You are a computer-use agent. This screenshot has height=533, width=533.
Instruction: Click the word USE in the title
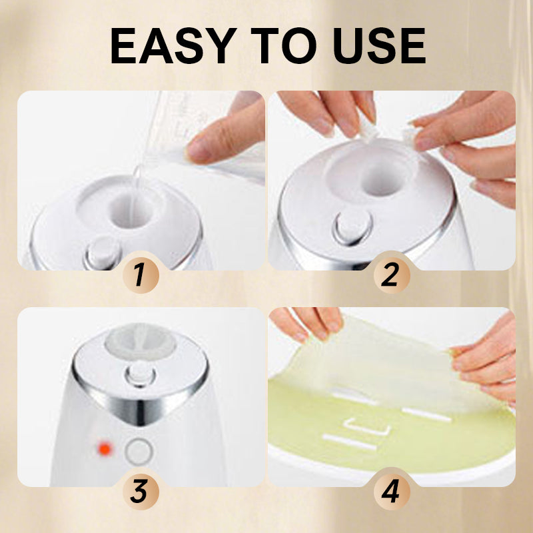[379, 45]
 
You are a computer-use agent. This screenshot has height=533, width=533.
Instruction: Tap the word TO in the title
[284, 45]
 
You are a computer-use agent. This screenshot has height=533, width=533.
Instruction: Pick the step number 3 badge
[141, 492]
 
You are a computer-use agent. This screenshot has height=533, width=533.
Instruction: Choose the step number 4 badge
[392, 492]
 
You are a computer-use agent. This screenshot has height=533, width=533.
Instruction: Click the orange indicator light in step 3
[105, 449]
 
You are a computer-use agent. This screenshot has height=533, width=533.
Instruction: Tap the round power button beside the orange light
[139, 452]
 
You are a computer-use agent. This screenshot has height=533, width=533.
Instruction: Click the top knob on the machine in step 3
[141, 374]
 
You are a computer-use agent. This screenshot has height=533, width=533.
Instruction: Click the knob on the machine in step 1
[103, 253]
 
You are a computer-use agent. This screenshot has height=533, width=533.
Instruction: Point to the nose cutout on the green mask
[367, 428]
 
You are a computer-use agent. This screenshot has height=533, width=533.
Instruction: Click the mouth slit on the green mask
[349, 442]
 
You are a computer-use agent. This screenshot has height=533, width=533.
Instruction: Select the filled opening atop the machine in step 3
[141, 342]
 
